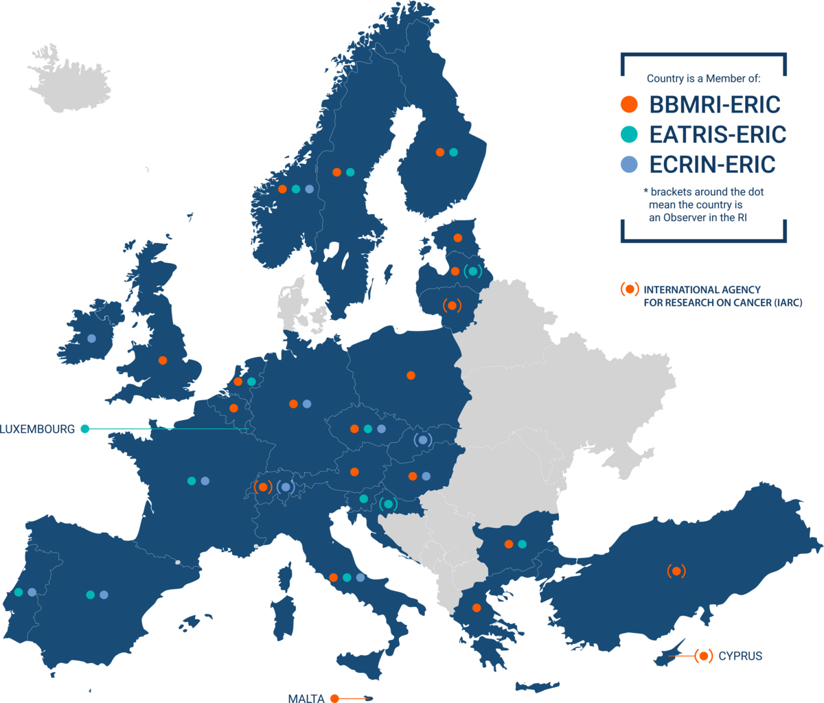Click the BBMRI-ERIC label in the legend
click(x=715, y=104)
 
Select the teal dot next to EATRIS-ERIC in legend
click(x=628, y=135)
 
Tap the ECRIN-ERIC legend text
click(x=712, y=165)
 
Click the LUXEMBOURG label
click(x=37, y=429)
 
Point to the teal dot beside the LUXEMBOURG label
click(x=85, y=429)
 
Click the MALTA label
click(x=306, y=698)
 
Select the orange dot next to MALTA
click(x=334, y=698)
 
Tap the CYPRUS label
click(x=740, y=656)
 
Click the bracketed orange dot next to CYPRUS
click(x=702, y=656)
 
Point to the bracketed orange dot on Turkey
click(x=676, y=571)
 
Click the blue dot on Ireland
click(x=91, y=338)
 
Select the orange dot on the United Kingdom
click(x=163, y=360)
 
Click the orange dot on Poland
click(x=411, y=376)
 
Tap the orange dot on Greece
click(x=477, y=608)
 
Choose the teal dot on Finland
click(x=453, y=152)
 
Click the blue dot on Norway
click(x=309, y=189)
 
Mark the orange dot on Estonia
click(x=458, y=238)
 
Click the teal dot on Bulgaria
click(x=522, y=544)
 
